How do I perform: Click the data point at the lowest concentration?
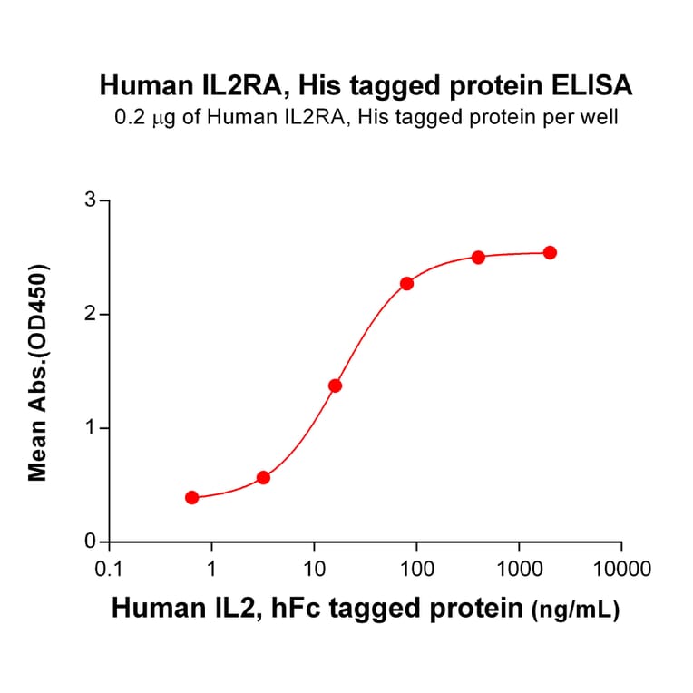(x=191, y=497)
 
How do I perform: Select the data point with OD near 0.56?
(x=263, y=477)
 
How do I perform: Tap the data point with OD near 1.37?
(x=335, y=386)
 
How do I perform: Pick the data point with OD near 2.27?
(x=406, y=283)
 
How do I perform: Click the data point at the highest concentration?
(x=550, y=252)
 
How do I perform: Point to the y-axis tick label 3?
(x=90, y=200)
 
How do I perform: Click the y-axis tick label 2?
(x=90, y=315)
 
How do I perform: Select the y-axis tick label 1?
(x=90, y=428)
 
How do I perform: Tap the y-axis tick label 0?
(x=90, y=542)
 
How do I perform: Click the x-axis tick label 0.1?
(x=109, y=570)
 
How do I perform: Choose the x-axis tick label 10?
(x=314, y=570)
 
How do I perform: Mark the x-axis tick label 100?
(x=416, y=570)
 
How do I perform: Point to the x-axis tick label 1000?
(x=519, y=570)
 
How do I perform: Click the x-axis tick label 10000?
(x=621, y=570)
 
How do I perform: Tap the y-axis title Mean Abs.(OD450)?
(x=38, y=372)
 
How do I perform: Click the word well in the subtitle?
(x=601, y=116)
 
